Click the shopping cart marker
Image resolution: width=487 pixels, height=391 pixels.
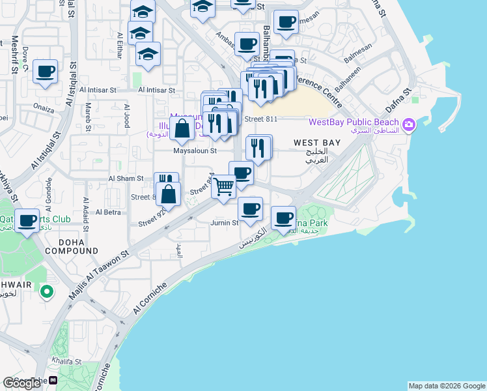tap(224, 187)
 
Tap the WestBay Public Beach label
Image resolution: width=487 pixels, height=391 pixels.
tap(354, 121)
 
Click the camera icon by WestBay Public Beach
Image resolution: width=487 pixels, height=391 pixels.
tap(409, 124)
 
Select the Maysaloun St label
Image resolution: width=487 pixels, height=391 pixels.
tap(195, 151)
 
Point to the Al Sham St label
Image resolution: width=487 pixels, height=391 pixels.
tap(126, 178)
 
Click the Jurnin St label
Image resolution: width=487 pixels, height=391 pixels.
tap(225, 223)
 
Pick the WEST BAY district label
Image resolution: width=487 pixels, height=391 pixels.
tap(316, 142)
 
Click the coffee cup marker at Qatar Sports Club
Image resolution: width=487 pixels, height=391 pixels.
tap(27, 222)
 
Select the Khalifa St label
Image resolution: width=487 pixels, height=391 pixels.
tap(67, 361)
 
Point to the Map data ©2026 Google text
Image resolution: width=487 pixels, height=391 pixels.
tap(447, 386)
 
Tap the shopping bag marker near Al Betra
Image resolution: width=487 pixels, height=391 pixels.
tap(169, 194)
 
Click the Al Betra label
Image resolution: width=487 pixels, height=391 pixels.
tap(108, 212)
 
